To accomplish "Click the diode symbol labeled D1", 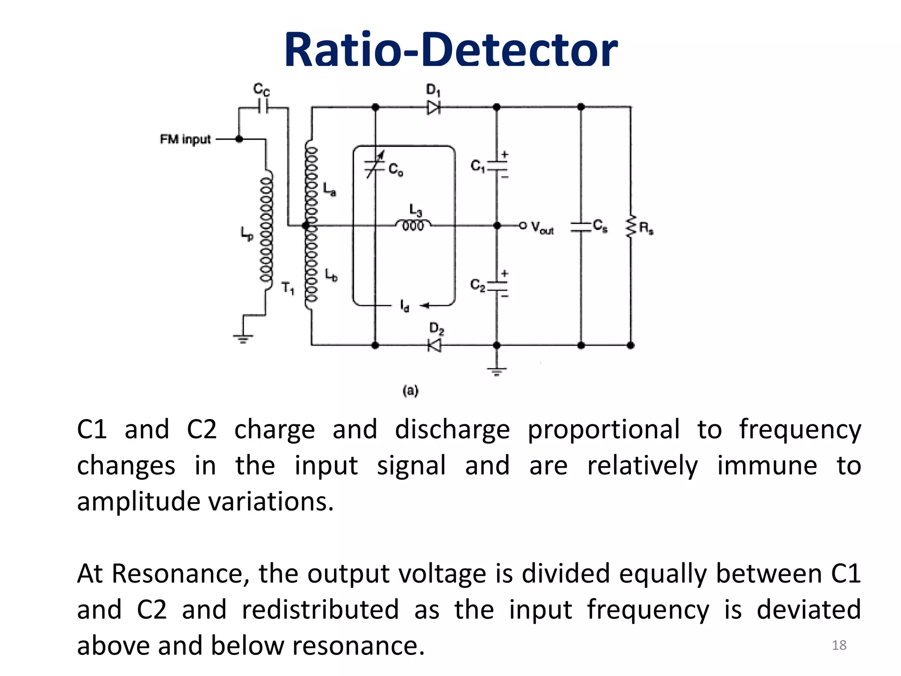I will click(433, 107).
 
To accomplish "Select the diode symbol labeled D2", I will click(435, 345).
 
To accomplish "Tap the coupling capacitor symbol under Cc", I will click(263, 107).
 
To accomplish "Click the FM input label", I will click(185, 140).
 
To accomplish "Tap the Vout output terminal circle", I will click(523, 225).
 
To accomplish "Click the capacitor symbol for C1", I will click(497, 166).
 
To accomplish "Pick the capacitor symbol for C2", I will click(497, 285).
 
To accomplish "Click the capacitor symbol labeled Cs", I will click(581, 227).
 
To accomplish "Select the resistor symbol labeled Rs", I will click(631, 227).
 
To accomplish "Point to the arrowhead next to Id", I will click(424, 305).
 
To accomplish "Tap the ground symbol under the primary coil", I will click(243, 338).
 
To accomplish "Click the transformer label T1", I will click(287, 288).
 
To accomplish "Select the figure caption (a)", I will click(410, 390).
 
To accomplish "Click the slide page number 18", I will click(839, 645).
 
